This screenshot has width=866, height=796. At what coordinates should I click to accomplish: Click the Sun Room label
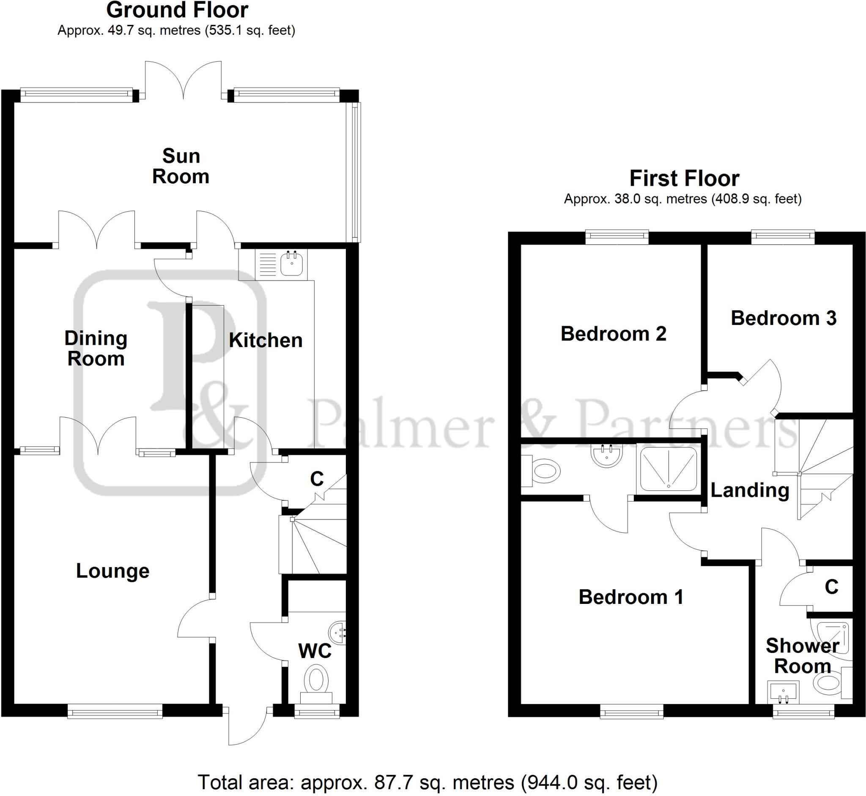coord(181,166)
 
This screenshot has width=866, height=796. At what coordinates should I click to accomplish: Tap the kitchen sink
coord(292,264)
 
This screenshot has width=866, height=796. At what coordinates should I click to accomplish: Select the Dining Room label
coord(96,348)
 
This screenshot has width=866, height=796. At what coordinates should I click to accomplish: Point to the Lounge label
coord(113,571)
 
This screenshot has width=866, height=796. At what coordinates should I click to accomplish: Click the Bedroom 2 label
coord(613,334)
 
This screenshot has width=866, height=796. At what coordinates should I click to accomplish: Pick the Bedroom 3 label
coord(784,318)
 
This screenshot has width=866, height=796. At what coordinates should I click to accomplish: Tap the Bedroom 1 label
coord(631,597)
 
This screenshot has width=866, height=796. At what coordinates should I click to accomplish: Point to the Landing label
coord(750,490)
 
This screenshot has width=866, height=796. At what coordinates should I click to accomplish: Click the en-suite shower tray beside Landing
coord(669,469)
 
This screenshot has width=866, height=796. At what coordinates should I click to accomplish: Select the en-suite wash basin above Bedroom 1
coord(607,455)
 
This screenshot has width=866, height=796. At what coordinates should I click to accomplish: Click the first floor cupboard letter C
coord(831,587)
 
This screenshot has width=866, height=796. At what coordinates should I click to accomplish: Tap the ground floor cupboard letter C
coord(317,479)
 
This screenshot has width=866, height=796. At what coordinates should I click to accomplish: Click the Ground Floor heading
coord(177,10)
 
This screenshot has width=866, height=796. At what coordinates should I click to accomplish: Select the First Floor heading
coord(684,178)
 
